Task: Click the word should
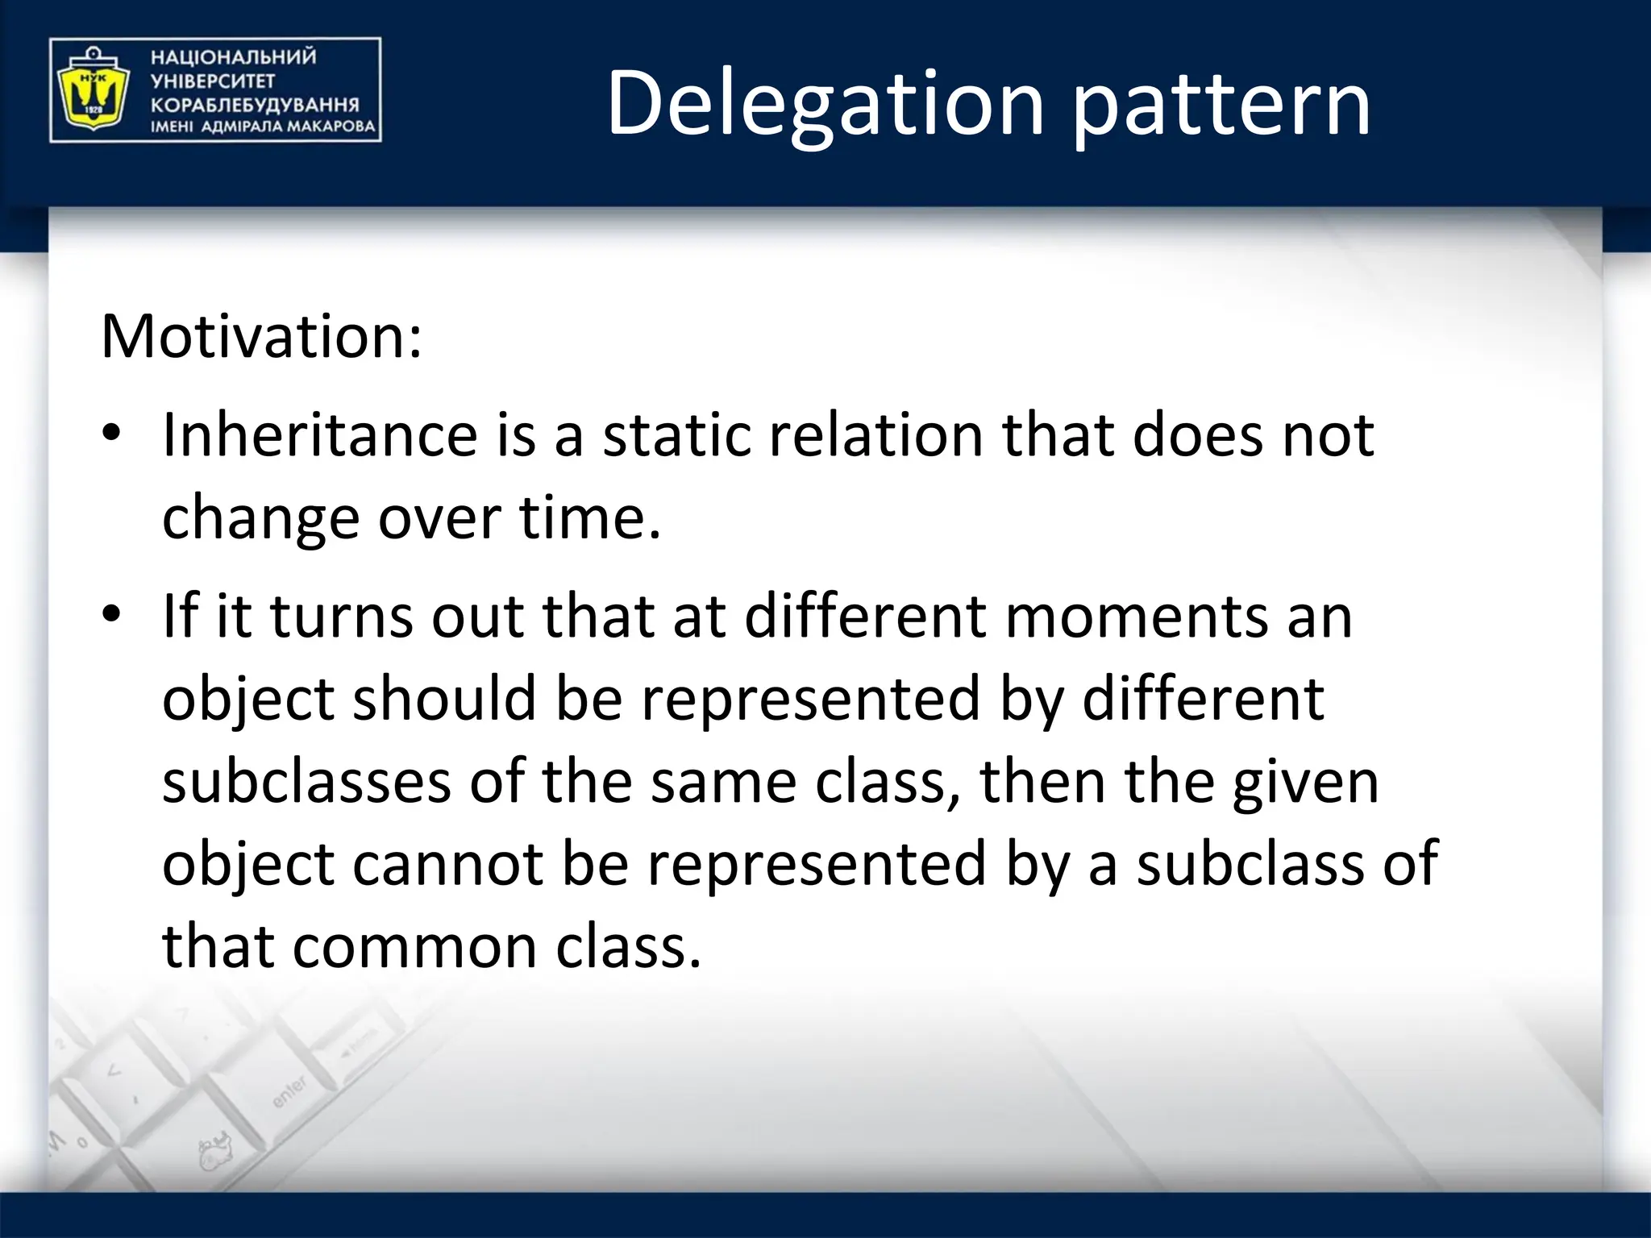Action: pyautogui.click(x=444, y=699)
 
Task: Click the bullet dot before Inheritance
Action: pyautogui.click(x=111, y=434)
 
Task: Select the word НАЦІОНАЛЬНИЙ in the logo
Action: pyautogui.click(x=234, y=57)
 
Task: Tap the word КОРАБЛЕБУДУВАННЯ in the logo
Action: pyautogui.click(x=255, y=105)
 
